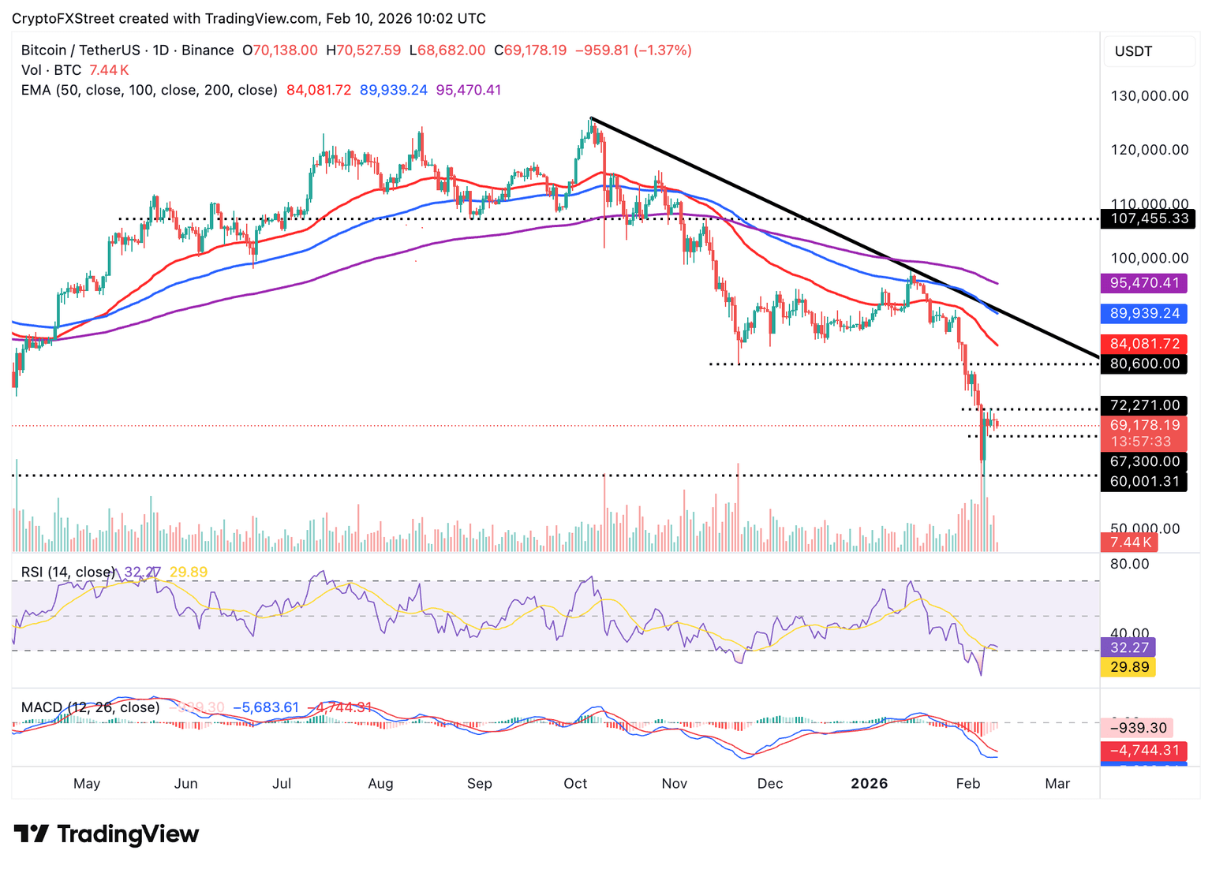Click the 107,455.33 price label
1148,218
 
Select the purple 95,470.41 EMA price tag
1144,282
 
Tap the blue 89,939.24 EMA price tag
1144,313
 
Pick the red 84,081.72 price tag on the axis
1144,344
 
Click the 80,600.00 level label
1144,364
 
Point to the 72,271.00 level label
1144,405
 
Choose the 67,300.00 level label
1144,461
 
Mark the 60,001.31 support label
1144,481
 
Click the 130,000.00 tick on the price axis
1150,96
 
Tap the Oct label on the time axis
575,783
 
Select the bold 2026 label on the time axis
869,783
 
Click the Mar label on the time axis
1057,783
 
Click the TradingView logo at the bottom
107,834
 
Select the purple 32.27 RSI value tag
1128,647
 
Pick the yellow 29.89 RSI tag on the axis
1128,667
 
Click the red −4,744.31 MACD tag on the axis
1144,751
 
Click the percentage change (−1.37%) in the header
664,50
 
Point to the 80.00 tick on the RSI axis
1130,564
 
